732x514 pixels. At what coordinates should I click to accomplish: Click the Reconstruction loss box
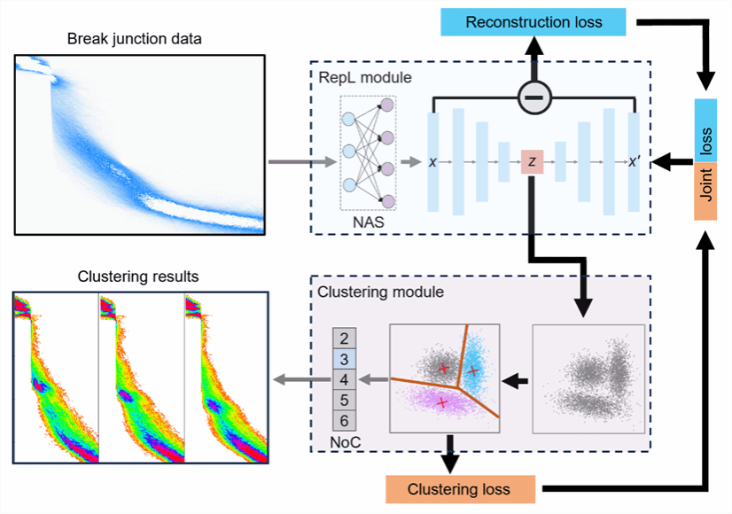coord(533,21)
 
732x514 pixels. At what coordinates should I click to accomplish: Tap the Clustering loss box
coord(460,489)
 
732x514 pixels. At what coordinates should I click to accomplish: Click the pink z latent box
coord(533,162)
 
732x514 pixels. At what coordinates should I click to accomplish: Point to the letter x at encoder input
coord(432,162)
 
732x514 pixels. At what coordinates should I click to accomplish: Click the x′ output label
coord(634,162)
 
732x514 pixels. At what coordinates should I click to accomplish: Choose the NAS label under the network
coord(367,221)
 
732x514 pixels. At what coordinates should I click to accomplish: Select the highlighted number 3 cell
coord(345,360)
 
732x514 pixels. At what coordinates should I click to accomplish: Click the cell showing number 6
coord(345,421)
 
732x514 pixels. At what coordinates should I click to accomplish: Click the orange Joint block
coord(706,193)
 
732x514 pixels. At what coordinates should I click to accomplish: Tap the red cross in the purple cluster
coord(443,402)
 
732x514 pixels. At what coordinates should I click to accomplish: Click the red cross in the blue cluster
coord(473,370)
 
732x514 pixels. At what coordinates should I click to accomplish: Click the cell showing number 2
coord(345,339)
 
